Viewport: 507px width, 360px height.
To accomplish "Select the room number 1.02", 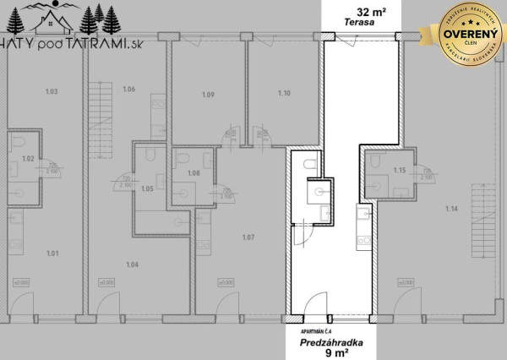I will pyautogui.click(x=26, y=158).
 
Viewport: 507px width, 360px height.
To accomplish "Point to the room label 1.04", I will pyautogui.click(x=132, y=265).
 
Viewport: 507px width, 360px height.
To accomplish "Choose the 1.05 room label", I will pyautogui.click(x=146, y=188).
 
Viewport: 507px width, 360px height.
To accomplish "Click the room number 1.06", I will pyautogui.click(x=129, y=89).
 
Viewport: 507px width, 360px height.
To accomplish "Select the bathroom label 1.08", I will pyautogui.click(x=193, y=172).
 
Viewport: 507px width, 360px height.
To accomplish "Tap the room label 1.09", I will pyautogui.click(x=208, y=95).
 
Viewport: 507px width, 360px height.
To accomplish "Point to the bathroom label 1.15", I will pyautogui.click(x=400, y=172).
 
